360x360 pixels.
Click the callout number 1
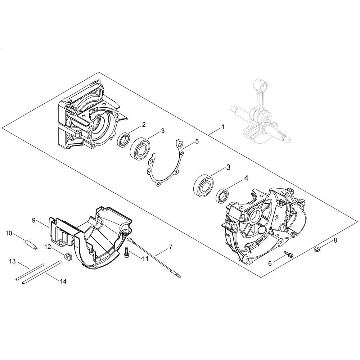tap(223, 127)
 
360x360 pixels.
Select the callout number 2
tap(144, 125)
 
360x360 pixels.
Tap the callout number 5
tap(197, 141)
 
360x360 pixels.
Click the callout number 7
tap(170, 247)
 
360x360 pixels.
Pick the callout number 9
tap(34, 220)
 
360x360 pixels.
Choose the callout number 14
tap(63, 281)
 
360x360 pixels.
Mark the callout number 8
tap(336, 240)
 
